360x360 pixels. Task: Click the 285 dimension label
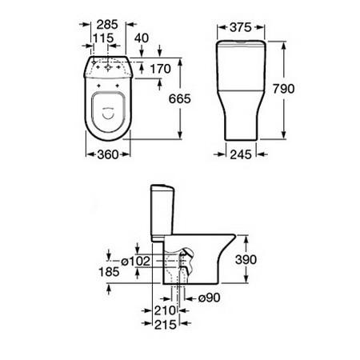(x=107, y=25)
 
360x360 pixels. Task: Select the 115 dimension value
(x=103, y=38)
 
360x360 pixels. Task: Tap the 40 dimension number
(x=142, y=38)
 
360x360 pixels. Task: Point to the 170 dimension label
(x=161, y=69)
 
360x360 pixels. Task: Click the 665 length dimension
(x=180, y=98)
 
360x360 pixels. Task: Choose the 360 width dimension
(x=108, y=154)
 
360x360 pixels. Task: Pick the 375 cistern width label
(x=241, y=27)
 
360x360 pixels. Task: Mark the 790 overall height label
(x=284, y=89)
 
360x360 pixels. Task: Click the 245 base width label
(x=241, y=154)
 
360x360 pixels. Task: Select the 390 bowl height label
(x=246, y=259)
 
